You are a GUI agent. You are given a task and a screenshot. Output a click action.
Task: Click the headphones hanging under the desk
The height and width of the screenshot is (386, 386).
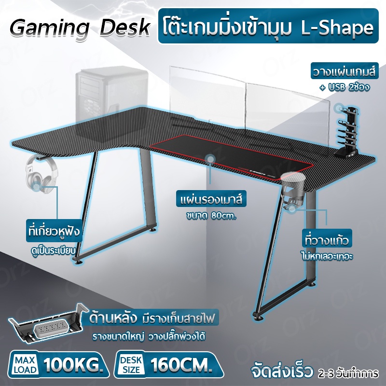point(41,172)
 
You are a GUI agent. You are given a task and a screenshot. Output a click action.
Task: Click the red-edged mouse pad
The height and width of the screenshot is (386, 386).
point(232,157)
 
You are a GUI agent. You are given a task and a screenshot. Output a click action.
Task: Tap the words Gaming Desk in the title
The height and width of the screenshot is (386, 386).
point(80,28)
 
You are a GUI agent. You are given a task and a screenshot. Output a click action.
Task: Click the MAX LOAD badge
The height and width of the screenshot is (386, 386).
point(25,365)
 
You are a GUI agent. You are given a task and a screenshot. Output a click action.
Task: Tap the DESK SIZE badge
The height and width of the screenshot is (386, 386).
point(131,365)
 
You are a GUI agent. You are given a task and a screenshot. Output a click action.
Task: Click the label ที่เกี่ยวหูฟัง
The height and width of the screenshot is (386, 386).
point(54,232)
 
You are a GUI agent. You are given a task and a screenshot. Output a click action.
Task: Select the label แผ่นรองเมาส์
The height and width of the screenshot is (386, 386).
point(211,199)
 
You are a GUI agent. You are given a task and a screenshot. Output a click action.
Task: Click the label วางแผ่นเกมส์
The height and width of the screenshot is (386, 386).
point(345,71)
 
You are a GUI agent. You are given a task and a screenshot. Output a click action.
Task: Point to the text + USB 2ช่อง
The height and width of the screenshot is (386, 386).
point(345,87)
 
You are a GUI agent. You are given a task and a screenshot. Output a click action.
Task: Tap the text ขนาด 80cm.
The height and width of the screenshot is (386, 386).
point(211,216)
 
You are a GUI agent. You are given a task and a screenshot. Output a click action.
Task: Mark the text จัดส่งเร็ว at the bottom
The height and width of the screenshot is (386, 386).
point(281,372)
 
